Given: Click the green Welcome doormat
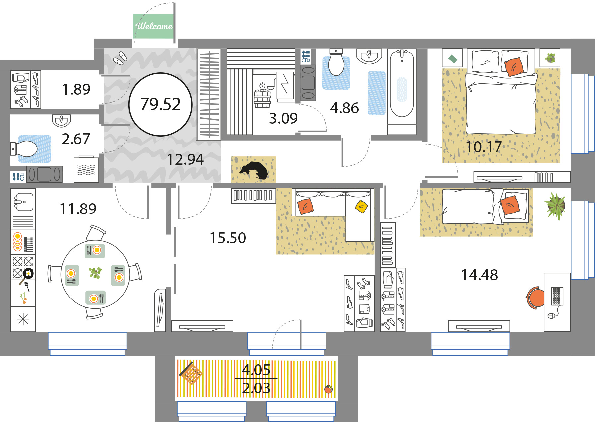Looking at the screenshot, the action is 154,26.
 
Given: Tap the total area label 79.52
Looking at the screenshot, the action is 161,104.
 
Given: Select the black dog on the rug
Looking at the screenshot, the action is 254,170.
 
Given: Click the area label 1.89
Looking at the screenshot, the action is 76,89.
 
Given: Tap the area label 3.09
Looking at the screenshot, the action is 283,118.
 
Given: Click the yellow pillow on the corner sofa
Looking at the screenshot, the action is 361,206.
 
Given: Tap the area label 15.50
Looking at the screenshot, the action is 228,238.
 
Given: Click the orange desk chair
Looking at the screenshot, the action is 535,297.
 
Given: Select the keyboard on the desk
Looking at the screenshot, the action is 556,296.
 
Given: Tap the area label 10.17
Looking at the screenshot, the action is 484,147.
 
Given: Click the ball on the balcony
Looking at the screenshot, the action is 328,389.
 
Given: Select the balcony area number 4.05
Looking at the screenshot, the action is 256,370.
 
